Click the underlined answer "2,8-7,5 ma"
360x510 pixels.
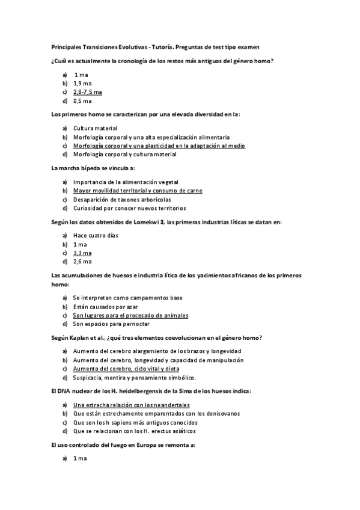pyautogui.click(x=87, y=92)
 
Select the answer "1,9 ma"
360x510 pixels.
pyautogui.click(x=82, y=83)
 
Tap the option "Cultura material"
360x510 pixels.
pyautogui.click(x=95, y=128)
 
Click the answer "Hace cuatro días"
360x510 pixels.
pyautogui.click(x=96, y=235)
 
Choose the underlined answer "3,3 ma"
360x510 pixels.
pyautogui.click(x=82, y=253)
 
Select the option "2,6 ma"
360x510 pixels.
pyautogui.click(x=82, y=262)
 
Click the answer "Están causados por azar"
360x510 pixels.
pyautogui.click(x=105, y=307)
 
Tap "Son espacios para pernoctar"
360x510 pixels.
pyautogui.click(x=111, y=324)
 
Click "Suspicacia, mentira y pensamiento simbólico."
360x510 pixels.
pyautogui.click(x=134, y=378)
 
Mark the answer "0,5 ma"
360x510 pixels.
pyautogui.click(x=82, y=101)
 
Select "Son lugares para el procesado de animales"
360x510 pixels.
pyautogui.click(x=130, y=315)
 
